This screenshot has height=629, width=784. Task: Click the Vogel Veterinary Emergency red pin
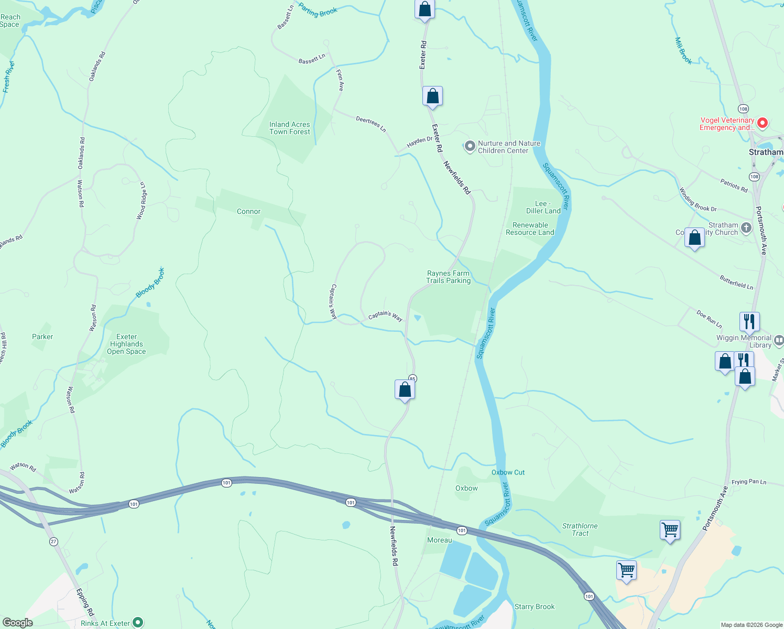[x=763, y=123]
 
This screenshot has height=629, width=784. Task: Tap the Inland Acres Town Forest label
[x=289, y=128]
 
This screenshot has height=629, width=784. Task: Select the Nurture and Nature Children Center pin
[x=470, y=146]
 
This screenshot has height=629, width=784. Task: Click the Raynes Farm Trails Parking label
[x=448, y=277]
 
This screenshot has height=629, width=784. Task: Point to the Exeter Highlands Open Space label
[x=126, y=344]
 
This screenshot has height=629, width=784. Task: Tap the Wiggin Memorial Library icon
[x=779, y=341]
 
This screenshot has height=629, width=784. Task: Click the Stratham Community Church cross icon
[x=746, y=228]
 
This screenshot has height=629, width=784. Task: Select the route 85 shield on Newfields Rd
[x=412, y=378]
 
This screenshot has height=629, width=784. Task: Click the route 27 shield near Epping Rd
[x=53, y=541]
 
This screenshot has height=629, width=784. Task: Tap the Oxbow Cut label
[x=508, y=472]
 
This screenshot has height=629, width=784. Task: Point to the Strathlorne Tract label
[x=580, y=529]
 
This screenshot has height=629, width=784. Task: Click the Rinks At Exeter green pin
[x=138, y=622]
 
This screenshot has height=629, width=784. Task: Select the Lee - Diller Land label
[x=543, y=207]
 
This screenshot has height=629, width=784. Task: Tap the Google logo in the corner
[x=18, y=623]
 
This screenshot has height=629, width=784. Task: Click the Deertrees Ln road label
[x=371, y=124]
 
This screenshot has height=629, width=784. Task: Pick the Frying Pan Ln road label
[x=748, y=482]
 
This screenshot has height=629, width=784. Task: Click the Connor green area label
[x=248, y=211]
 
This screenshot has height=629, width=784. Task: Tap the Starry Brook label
[x=534, y=606]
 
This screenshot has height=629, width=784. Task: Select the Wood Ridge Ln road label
[x=141, y=200]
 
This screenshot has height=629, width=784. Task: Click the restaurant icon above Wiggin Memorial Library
[x=749, y=321]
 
